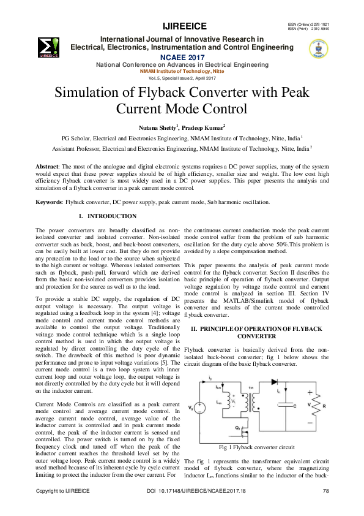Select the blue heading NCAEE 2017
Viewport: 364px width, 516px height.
point(182,56)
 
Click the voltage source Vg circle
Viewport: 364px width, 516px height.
point(199,408)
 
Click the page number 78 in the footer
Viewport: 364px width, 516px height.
point(325,491)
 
